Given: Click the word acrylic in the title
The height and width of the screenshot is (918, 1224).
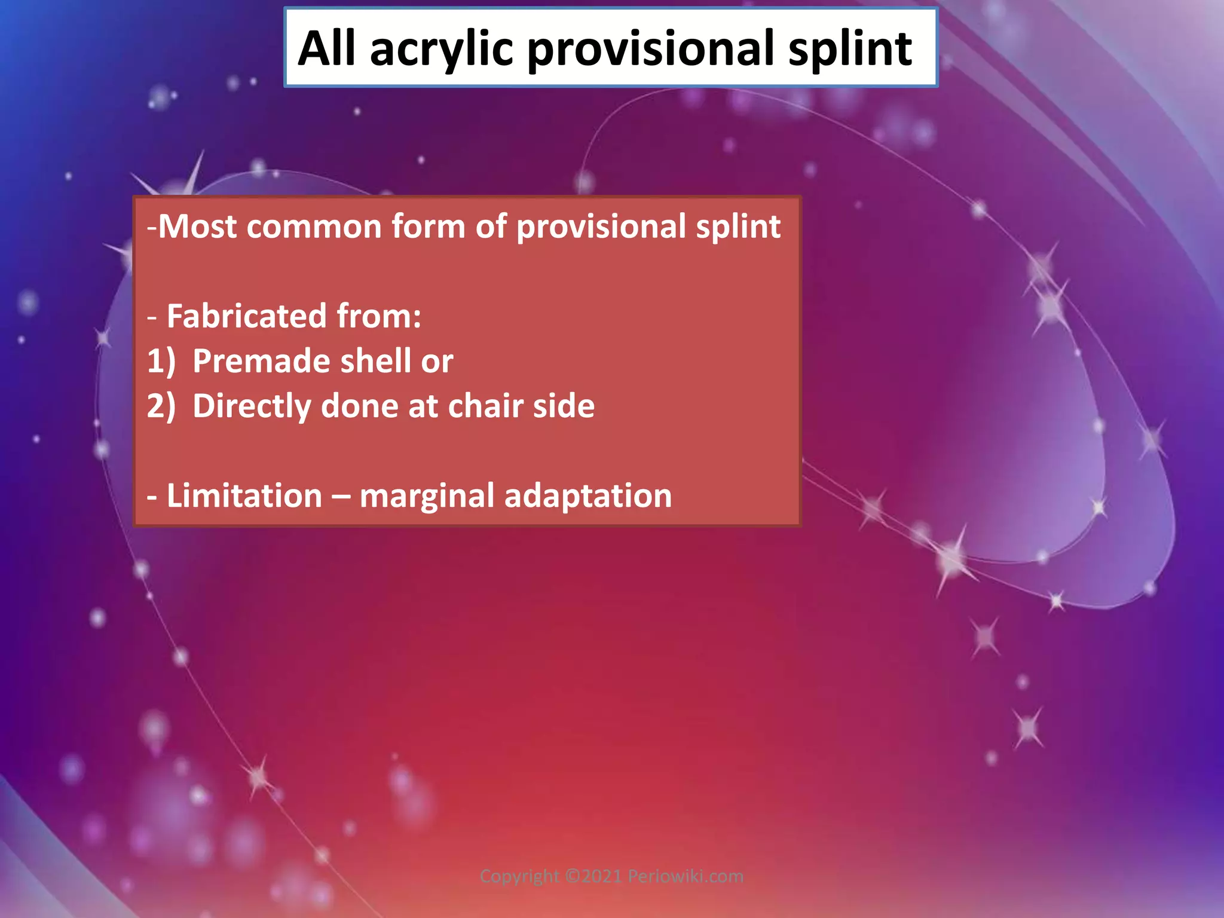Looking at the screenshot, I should [441, 49].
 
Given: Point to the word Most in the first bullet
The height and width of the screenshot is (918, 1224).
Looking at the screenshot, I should [197, 227].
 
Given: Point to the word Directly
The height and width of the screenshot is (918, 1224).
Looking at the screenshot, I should [252, 406].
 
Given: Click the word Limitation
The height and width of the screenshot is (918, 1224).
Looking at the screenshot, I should [244, 496].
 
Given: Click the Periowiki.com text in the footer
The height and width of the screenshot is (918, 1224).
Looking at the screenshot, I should [686, 876].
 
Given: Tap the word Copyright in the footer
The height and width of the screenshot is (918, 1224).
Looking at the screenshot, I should [519, 877].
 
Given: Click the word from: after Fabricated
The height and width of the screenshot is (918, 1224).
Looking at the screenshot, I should [379, 316].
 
